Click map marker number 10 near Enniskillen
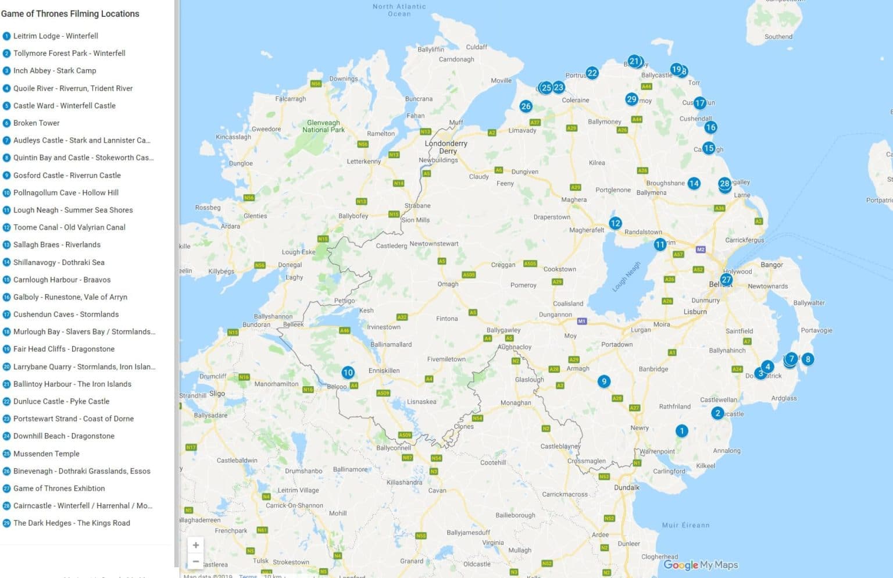348,373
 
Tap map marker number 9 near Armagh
604,381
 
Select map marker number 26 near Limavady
526,106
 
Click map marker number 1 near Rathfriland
681,431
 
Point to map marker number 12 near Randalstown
615,223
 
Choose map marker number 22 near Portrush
592,73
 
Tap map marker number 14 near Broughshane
694,184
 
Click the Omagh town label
448,284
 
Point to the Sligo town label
217,394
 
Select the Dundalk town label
627,487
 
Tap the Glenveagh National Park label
323,126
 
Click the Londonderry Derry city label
446,147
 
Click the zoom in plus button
196,545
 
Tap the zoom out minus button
196,561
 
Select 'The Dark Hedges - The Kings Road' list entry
72,523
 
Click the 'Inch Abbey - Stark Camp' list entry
55,71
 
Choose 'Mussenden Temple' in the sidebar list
47,454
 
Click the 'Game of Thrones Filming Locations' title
70,14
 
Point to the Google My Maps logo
701,565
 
